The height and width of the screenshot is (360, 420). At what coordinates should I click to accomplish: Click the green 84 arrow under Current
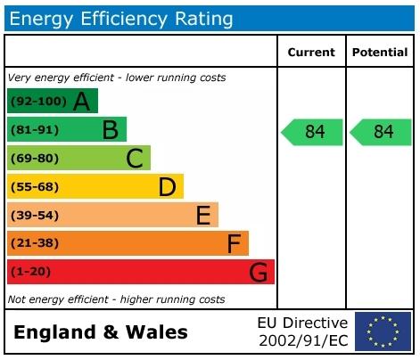(x=313, y=132)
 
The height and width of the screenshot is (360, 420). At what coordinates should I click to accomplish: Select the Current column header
(x=311, y=53)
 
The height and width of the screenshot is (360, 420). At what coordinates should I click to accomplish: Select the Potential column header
(x=380, y=53)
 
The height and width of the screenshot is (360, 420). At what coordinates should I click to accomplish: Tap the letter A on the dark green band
(x=82, y=102)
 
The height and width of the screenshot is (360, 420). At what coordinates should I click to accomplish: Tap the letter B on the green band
(x=110, y=130)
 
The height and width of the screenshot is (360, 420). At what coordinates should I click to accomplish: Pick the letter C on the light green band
(x=135, y=159)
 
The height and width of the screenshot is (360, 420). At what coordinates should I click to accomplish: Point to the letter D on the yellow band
(x=167, y=187)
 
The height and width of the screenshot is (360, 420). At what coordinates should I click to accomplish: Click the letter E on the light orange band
(x=202, y=215)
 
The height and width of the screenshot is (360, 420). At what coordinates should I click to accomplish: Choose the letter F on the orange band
(x=234, y=243)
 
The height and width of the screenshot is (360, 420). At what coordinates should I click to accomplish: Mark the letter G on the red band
(x=259, y=272)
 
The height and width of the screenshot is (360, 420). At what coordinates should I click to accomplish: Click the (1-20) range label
(x=30, y=272)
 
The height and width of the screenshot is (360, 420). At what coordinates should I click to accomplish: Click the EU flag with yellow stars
(x=383, y=331)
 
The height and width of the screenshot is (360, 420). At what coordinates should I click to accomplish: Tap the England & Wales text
(x=101, y=333)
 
